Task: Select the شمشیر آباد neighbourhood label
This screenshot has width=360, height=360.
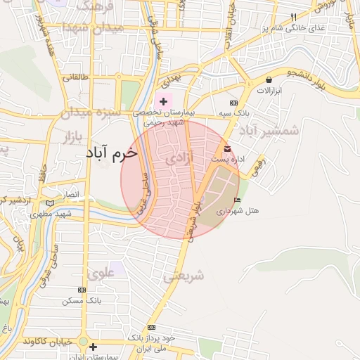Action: pos(269,131)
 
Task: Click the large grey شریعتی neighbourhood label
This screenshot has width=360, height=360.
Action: pos(184,276)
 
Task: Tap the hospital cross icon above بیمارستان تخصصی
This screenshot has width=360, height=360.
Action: pos(164,102)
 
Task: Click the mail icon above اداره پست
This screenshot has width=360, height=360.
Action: pos(227,149)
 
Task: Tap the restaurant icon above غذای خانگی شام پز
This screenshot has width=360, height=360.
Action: pos(293,16)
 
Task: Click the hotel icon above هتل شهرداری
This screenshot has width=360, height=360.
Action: pos(237,200)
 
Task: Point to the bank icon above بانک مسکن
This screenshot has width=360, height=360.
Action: pos(82,289)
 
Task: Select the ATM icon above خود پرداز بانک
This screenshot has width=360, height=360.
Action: pos(151,328)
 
